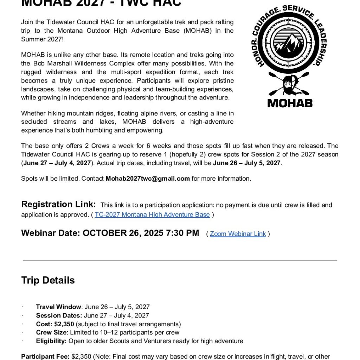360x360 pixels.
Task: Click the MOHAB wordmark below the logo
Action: click(x=290, y=103)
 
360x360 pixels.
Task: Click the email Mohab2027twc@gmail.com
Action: click(x=148, y=178)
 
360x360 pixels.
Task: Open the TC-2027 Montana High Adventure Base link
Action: click(x=152, y=214)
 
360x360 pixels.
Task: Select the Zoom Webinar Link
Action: click(x=238, y=234)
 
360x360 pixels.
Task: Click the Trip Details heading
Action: click(x=48, y=280)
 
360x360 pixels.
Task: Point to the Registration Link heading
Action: click(x=58, y=204)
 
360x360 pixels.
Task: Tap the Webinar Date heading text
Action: click(x=110, y=233)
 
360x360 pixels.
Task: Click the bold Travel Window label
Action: click(x=59, y=307)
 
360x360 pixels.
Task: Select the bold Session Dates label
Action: click(x=59, y=315)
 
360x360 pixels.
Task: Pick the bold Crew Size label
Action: click(x=51, y=332)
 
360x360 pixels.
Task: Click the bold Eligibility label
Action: click(x=51, y=341)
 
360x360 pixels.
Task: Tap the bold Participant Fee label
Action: click(x=45, y=356)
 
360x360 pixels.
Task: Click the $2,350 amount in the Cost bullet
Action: click(x=64, y=324)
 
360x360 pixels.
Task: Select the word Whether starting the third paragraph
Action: click(x=33, y=113)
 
